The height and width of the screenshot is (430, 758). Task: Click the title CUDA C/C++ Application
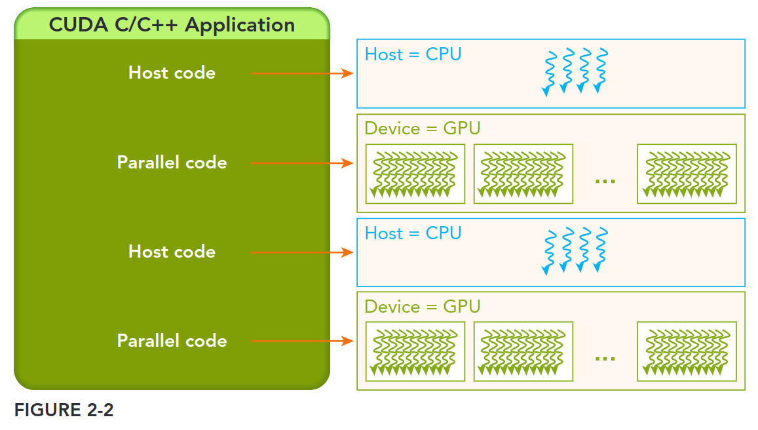click(x=172, y=25)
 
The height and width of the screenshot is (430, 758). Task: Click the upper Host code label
click(x=172, y=73)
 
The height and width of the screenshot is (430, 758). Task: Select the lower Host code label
click(x=172, y=252)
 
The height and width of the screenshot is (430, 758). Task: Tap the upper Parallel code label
click(x=172, y=163)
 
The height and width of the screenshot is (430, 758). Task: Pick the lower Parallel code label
click(x=172, y=341)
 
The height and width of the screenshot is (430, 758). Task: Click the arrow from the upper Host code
click(x=302, y=73)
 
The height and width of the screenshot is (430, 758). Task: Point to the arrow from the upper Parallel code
click(x=302, y=163)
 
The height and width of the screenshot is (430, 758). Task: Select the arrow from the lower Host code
click(x=302, y=252)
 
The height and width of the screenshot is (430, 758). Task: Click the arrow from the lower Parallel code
click(x=302, y=342)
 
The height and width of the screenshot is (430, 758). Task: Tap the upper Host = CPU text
click(x=413, y=54)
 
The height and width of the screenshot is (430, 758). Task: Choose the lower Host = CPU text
click(x=413, y=233)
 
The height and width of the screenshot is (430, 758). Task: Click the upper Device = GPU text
click(x=423, y=128)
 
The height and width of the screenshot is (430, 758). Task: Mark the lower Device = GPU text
click(x=423, y=307)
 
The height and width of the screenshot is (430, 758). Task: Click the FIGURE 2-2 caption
click(x=64, y=410)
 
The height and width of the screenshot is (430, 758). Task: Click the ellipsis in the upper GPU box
click(x=605, y=180)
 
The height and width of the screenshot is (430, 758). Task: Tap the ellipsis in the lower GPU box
click(x=605, y=358)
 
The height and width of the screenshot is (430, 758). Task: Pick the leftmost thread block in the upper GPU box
click(x=415, y=174)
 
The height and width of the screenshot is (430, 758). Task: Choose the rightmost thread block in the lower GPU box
click(x=687, y=351)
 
